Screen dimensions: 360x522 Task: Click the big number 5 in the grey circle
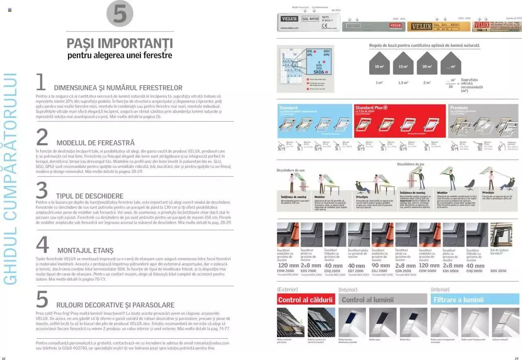point(120,14)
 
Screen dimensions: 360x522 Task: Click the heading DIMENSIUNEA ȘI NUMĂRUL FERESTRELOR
point(118,88)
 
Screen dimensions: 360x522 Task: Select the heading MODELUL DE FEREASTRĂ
point(95,143)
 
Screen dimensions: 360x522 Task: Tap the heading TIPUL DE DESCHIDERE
point(89,196)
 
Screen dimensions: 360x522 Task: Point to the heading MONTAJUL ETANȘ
point(85,250)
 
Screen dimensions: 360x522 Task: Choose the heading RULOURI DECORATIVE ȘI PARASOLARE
point(115,305)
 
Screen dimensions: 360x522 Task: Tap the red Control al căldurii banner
point(305,300)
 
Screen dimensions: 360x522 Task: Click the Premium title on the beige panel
point(459,108)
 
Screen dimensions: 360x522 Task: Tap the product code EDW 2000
point(285,271)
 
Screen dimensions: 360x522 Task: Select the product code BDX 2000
point(498,271)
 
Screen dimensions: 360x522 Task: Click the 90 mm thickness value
point(380,265)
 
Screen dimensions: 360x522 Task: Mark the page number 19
point(516,358)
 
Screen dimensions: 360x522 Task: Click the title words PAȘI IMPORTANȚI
point(119,43)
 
